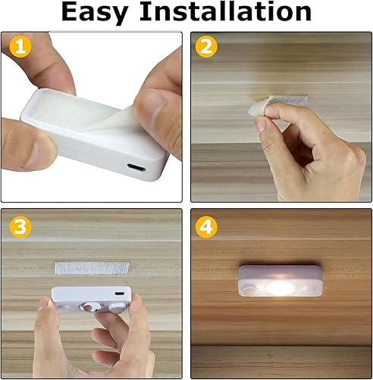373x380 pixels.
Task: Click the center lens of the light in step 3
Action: (x=90, y=306)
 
